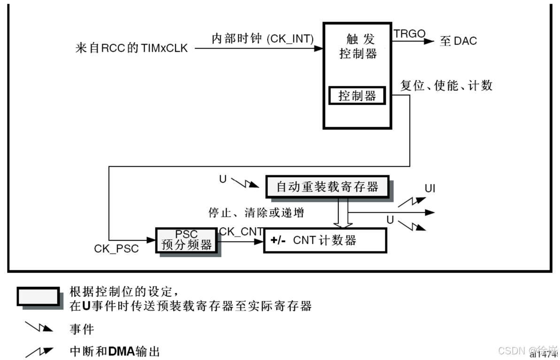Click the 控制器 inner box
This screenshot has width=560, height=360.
click(357, 96)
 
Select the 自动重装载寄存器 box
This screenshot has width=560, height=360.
click(327, 187)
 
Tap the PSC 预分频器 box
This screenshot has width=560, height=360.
click(187, 240)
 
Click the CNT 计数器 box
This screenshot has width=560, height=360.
click(325, 241)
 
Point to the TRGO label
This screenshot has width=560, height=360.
click(409, 33)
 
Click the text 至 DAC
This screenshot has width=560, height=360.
click(458, 41)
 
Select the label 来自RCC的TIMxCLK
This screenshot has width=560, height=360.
click(131, 48)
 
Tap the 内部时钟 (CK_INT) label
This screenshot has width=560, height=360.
click(262, 39)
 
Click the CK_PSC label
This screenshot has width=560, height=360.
click(116, 249)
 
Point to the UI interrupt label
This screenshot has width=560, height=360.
click(430, 189)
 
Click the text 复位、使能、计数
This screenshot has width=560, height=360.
click(446, 85)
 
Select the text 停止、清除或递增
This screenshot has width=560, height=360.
click(256, 213)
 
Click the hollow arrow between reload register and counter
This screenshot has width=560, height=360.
click(342, 212)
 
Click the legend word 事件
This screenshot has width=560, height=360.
click(82, 328)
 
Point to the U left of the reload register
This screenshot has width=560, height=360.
click(222, 178)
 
